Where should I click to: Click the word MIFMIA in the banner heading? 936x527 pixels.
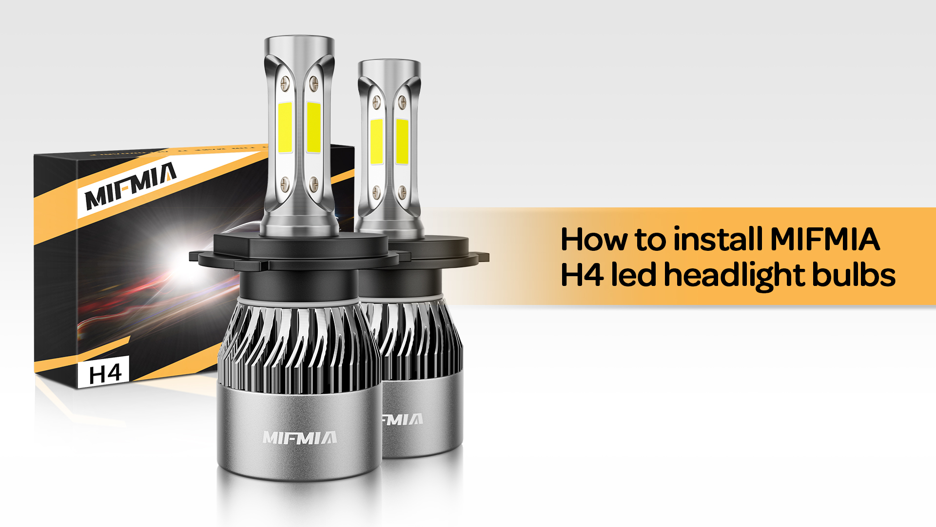[x=825, y=240]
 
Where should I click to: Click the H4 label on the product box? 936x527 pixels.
[x=105, y=374]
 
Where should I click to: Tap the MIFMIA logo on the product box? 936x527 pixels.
[x=131, y=186]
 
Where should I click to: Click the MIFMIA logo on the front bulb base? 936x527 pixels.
[x=299, y=438]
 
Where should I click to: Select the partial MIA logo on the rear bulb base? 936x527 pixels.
[x=402, y=419]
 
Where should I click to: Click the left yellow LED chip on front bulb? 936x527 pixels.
[x=285, y=127]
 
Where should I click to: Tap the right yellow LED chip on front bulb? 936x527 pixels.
[x=313, y=127]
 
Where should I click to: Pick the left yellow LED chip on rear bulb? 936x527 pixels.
[x=376, y=141]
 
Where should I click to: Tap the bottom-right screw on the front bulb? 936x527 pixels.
[x=314, y=184]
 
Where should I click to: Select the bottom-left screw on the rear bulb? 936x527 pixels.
[x=376, y=191]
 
